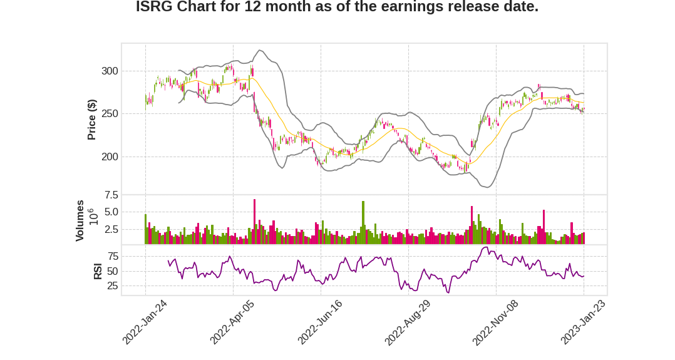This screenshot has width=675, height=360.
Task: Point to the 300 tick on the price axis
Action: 110,71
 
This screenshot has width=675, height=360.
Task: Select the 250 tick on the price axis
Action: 110,114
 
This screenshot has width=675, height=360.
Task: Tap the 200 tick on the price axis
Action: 110,157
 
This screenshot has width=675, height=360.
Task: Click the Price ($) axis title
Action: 92,120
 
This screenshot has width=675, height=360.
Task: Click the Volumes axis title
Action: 80,220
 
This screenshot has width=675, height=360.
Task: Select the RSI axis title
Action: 98,271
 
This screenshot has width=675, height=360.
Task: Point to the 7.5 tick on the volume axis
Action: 111,195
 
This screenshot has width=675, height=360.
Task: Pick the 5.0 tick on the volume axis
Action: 111,212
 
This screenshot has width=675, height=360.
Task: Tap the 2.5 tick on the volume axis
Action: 111,229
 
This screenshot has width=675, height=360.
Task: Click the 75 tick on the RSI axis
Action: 113,256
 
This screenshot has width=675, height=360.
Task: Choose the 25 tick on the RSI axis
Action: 113,286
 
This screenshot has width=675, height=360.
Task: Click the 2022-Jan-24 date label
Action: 145,322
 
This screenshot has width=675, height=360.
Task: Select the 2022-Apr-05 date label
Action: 232,322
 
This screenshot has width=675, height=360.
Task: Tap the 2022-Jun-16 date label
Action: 320,322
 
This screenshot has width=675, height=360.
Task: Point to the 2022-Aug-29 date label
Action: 408,322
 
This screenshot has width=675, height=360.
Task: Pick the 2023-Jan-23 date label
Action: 583,322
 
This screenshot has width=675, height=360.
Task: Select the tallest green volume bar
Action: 363,222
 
